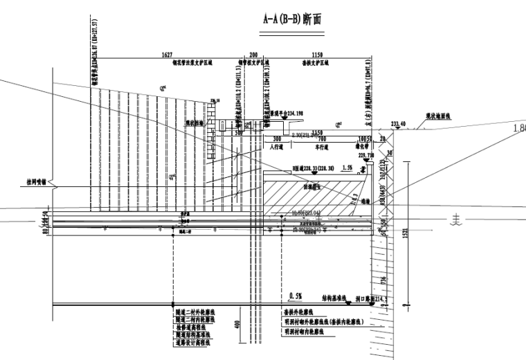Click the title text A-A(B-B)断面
(292, 19)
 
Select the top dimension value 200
(253, 53)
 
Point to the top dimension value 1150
(316, 53)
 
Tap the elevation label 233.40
(398, 124)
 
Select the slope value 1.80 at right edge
(518, 128)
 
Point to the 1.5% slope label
(347, 168)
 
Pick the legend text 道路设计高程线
(197, 342)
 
